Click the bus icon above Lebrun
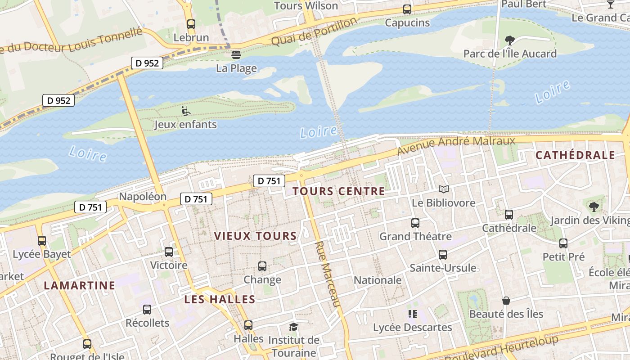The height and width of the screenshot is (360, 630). pos(191,24)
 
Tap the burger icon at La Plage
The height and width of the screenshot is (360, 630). pos(236,55)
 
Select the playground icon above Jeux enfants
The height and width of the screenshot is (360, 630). pos(185,111)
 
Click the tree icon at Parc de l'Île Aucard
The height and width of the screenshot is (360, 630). pos(510,40)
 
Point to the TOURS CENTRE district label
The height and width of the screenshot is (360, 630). pos(338,191)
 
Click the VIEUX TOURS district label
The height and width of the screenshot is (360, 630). pos(255,236)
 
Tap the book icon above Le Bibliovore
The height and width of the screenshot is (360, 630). pos(444,189)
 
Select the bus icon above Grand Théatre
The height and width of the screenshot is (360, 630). pos(415,223)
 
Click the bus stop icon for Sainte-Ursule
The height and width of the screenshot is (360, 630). pos(443,255)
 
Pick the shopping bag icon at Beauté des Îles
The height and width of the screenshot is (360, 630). pos(506,300)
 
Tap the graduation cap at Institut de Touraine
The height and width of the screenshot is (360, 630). pos(293,327)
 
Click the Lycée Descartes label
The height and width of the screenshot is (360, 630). pos(412,328)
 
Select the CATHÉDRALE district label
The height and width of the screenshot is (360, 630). pos(575,155)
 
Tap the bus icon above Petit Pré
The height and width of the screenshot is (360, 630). pos(563,243)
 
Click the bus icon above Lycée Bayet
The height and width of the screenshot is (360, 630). pos(42,241)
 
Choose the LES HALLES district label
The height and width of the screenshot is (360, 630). pos(220,299)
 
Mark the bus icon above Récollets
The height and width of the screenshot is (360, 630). pos(147,310)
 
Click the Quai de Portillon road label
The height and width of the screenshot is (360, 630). pos(314,32)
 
